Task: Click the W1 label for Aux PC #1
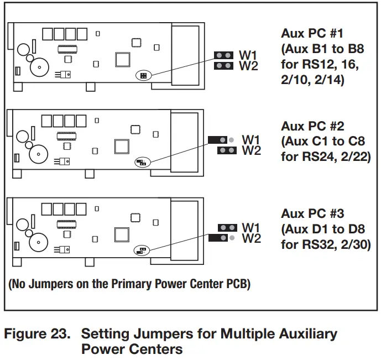[x=248, y=55]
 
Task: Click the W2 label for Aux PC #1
[x=248, y=66]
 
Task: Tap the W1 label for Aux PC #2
[x=252, y=140]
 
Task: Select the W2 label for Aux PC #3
[x=252, y=238]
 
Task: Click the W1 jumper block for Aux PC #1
[x=224, y=55]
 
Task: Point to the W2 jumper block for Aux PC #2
[x=227, y=150]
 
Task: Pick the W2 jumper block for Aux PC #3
[x=218, y=238]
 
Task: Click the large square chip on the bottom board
[x=122, y=233]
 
